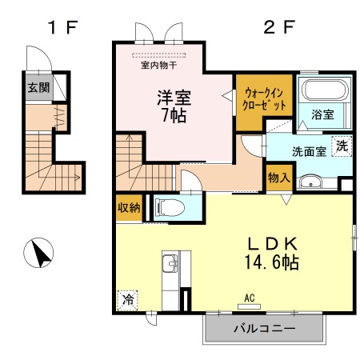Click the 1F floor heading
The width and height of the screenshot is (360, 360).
(62, 27)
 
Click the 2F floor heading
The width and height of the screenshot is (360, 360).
(279, 27)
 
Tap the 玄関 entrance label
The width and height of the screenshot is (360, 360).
(39, 87)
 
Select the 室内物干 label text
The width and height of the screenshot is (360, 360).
(159, 65)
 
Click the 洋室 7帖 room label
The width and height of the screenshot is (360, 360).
(174, 106)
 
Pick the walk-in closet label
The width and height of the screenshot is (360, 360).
(264, 99)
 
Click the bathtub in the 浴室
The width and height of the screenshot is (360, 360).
(326, 90)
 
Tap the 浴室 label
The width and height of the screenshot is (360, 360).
(322, 114)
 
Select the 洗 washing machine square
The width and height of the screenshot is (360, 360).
(342, 146)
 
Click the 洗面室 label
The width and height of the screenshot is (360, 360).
(309, 151)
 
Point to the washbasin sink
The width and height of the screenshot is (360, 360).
(310, 182)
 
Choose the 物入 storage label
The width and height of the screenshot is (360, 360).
(279, 178)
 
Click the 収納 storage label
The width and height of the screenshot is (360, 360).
(129, 207)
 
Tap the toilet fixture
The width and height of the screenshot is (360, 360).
(170, 207)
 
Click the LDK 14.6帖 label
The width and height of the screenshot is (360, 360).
(272, 253)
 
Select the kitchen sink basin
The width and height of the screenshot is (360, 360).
(170, 263)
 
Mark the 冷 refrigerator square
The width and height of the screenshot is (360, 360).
(127, 300)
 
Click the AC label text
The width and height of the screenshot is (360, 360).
(250, 298)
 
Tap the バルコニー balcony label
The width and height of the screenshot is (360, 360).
(265, 328)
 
